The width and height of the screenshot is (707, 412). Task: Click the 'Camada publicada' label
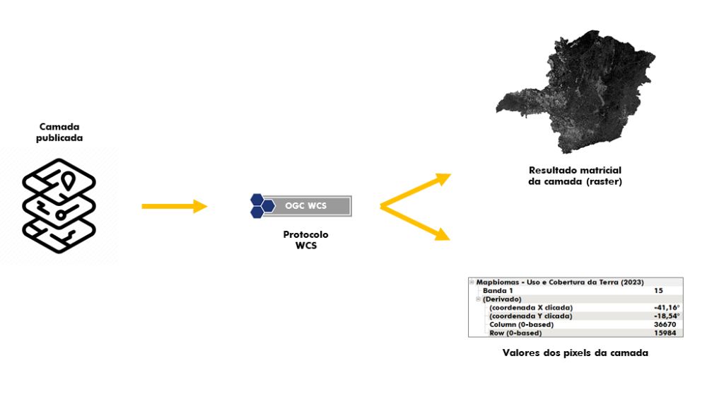[59, 132]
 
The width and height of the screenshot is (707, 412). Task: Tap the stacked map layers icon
[59, 205]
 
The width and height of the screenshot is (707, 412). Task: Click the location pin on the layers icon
[68, 181]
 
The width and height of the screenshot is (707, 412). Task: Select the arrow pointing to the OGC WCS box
[175, 206]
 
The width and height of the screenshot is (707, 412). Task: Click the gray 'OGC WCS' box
[307, 206]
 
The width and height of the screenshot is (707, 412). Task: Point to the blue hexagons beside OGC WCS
[262, 206]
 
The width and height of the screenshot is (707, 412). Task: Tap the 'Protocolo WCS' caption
[305, 240]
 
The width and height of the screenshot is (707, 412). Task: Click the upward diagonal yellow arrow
[415, 190]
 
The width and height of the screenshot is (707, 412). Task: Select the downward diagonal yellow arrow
[415, 223]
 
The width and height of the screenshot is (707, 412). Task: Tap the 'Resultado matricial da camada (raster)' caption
[575, 176]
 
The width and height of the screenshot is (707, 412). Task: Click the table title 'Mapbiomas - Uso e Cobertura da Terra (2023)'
[560, 282]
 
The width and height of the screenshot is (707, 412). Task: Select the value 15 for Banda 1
[658, 291]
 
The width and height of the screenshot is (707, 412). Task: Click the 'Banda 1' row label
[498, 291]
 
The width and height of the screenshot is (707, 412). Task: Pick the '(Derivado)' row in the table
[502, 299]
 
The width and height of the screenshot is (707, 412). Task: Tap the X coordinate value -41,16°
[667, 308]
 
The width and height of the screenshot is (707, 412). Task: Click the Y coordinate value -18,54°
[667, 316]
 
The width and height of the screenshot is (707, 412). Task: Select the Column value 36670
[665, 324]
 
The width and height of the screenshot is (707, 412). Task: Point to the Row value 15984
[665, 333]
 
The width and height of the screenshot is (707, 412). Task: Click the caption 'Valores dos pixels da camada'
[575, 353]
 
